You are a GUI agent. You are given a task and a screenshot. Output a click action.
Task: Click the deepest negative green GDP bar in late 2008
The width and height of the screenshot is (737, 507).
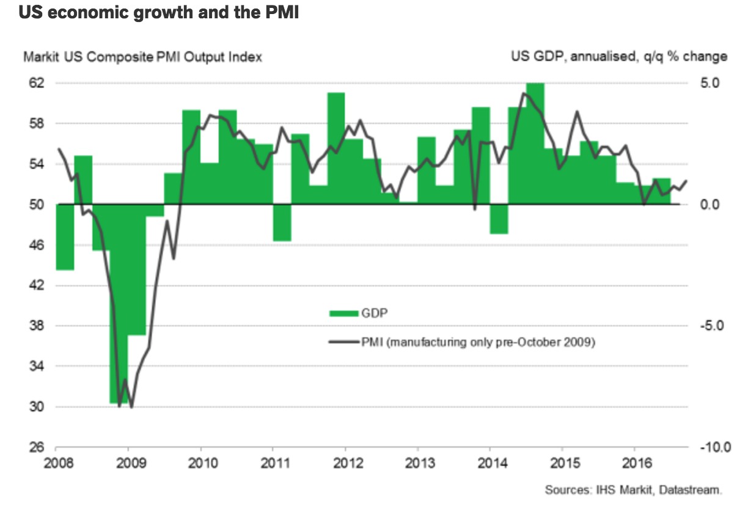coord(119,305)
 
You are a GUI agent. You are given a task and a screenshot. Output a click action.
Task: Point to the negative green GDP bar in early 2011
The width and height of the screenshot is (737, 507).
coord(282,222)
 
